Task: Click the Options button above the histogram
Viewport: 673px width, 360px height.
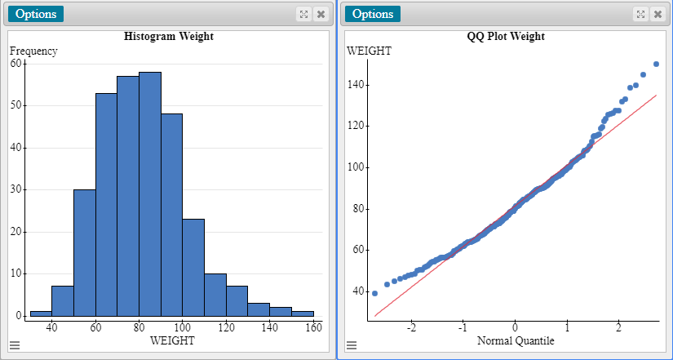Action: pos(35,14)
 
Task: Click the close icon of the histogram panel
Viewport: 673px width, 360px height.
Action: pos(321,14)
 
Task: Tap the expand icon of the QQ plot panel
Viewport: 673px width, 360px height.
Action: pos(640,14)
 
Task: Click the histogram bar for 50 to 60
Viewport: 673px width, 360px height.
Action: pos(84,253)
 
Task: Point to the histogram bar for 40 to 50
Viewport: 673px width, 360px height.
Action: pos(63,301)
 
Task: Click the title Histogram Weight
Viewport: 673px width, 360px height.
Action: pos(169,37)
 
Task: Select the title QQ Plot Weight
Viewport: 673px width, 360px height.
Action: pos(506,37)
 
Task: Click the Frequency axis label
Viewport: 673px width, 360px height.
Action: pos(33,51)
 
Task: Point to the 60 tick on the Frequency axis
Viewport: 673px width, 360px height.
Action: pos(16,63)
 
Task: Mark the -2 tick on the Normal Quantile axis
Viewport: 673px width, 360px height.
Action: pos(411,328)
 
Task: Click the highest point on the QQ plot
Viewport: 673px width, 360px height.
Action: pos(656,64)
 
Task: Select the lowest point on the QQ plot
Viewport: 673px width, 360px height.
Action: pos(374,293)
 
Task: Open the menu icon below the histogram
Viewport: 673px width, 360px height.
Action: pos(15,345)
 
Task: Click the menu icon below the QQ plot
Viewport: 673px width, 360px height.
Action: pos(352,345)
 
